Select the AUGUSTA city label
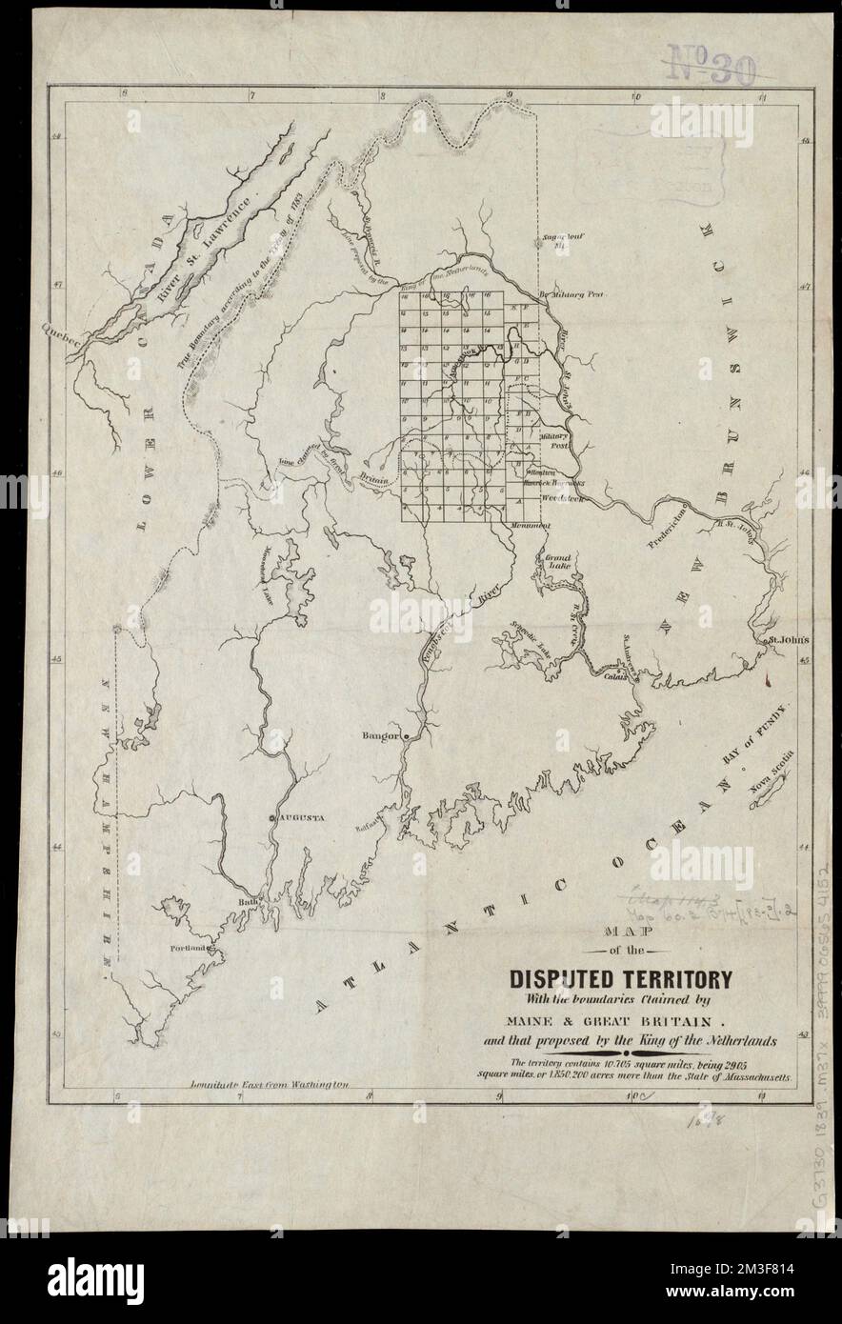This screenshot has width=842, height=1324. pos(301,817)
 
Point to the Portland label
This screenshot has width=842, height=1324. pos(190,949)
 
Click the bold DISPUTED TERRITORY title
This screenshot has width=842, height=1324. pos(621,979)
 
